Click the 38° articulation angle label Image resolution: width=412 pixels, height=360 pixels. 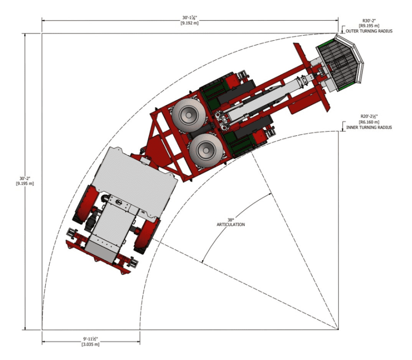click(231, 222)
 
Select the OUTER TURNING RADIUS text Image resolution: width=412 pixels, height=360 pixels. click(369, 31)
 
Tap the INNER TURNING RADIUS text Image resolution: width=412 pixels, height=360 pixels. click(369, 127)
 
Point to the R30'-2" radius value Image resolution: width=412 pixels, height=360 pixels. click(369, 21)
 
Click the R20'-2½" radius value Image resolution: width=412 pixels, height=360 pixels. click(369, 116)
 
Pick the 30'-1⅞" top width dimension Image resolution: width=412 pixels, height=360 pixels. click(190, 18)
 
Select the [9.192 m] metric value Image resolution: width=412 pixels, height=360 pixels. click(190, 23)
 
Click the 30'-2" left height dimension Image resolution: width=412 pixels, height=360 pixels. click(25, 178)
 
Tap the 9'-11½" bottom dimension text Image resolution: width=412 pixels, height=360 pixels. click(91, 339)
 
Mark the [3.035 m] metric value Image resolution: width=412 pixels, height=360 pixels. click(91, 344)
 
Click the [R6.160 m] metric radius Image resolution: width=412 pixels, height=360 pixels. click(369, 122)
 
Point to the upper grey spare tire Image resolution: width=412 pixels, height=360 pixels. click(188, 115)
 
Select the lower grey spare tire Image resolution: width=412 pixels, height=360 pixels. click(206, 150)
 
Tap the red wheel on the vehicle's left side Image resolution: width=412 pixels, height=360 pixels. click(85, 204)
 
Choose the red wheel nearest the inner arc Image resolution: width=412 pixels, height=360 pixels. click(147, 235)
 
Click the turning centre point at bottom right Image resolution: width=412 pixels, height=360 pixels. click(338, 329)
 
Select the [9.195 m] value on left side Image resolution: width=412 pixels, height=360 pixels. click(25, 184)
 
